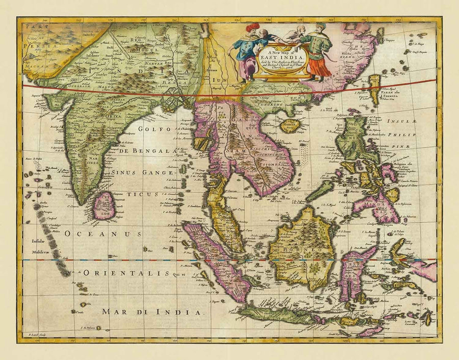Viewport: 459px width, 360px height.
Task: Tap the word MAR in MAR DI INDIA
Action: coord(114,311)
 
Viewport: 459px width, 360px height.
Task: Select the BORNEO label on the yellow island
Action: coord(299,250)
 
